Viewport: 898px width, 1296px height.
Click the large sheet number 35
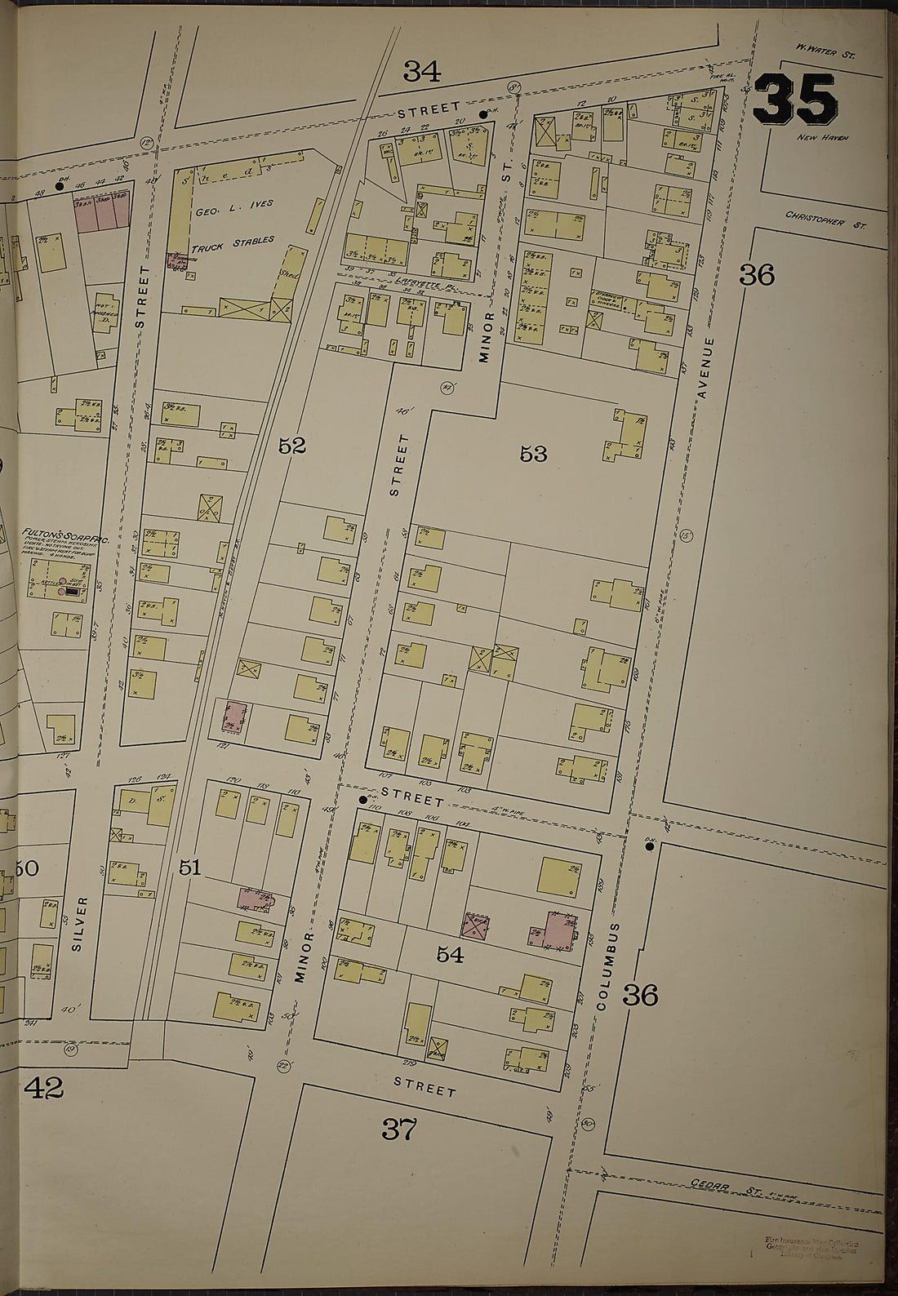click(x=795, y=100)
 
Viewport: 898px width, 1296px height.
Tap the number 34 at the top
click(x=422, y=73)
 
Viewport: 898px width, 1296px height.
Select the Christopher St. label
click(x=825, y=219)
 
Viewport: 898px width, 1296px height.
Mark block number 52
click(x=291, y=446)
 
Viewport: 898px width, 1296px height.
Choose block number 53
click(x=532, y=454)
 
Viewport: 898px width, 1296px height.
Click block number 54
click(x=450, y=954)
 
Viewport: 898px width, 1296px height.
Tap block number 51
click(x=189, y=868)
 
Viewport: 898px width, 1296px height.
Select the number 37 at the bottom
click(x=399, y=1130)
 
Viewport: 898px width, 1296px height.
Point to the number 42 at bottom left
click(x=42, y=1087)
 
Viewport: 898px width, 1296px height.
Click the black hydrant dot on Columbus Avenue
click(x=650, y=846)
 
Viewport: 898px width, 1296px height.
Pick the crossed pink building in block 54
click(x=475, y=925)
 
